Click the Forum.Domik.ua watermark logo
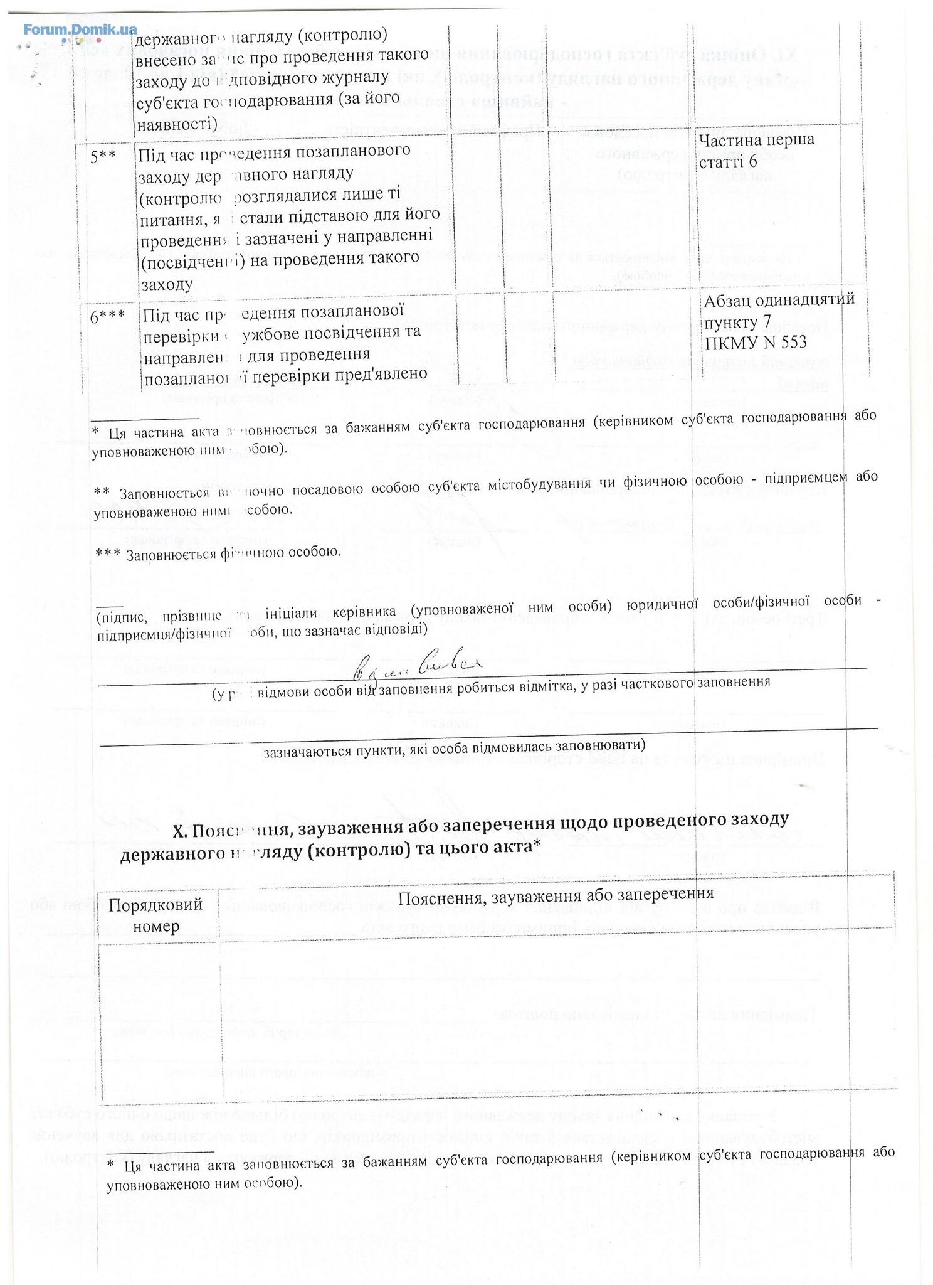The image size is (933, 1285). pos(80,29)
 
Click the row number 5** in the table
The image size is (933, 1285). pos(103,157)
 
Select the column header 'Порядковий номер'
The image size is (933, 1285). pos(155,914)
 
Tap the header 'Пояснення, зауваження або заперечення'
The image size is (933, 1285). pos(556,893)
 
